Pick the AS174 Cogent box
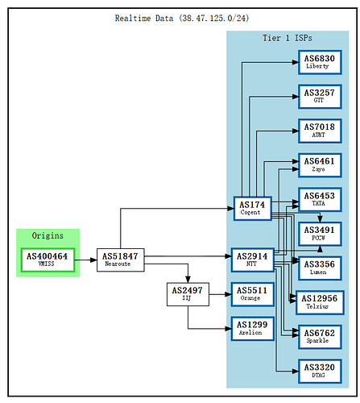point(253,208)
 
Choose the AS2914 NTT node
point(253,259)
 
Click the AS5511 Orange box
point(253,293)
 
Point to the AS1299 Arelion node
point(253,328)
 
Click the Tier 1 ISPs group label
point(288,39)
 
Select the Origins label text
point(48,235)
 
